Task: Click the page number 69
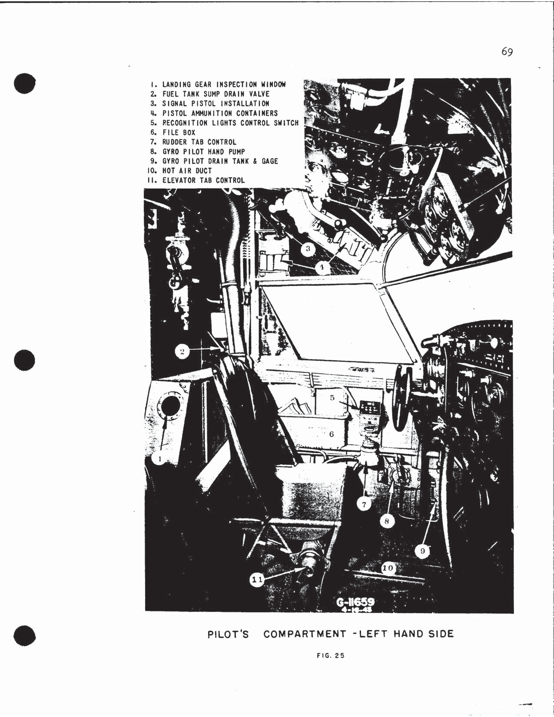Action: [x=507, y=52]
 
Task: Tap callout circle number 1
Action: [x=159, y=458]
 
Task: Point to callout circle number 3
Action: [x=308, y=249]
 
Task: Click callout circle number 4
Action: [x=322, y=268]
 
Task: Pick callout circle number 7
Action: [x=364, y=504]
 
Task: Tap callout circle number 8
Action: [x=387, y=521]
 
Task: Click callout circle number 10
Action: [x=388, y=568]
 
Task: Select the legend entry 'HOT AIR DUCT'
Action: [x=186, y=171]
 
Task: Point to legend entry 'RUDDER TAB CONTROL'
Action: [x=199, y=142]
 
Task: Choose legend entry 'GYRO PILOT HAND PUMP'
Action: [x=203, y=152]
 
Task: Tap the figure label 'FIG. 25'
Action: [x=331, y=656]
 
